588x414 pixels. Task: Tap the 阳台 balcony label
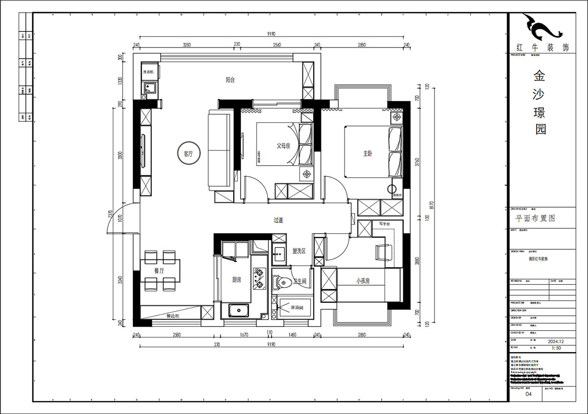[x=230, y=80]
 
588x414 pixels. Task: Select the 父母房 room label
[x=283, y=146]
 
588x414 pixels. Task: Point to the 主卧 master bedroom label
[x=367, y=153]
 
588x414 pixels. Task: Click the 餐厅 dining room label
[x=159, y=270]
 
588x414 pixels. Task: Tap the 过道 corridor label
[x=278, y=220]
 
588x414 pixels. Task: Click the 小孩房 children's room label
[x=363, y=281]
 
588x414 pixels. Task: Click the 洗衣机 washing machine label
[x=148, y=72]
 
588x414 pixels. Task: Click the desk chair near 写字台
[x=382, y=253]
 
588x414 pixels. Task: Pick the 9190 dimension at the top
[x=271, y=34]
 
